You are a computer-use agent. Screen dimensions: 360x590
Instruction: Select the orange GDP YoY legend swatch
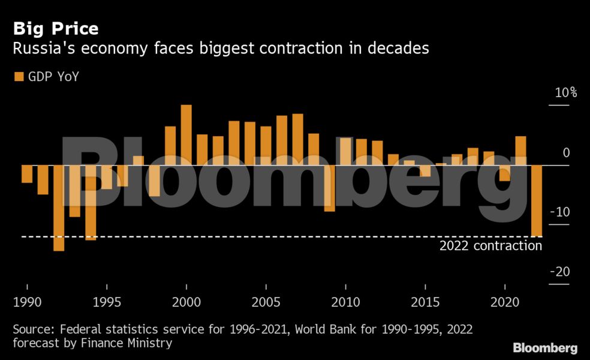click(18, 77)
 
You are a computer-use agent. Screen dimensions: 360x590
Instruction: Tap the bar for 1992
click(59, 208)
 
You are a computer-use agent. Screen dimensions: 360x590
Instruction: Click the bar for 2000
click(186, 135)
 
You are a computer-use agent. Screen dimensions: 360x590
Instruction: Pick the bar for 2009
click(329, 188)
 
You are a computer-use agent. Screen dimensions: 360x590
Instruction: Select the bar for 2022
click(537, 200)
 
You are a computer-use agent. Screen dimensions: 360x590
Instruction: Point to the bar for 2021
click(520, 151)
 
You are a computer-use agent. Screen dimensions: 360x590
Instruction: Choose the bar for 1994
click(91, 202)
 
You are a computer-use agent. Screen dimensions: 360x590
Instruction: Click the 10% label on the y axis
click(565, 93)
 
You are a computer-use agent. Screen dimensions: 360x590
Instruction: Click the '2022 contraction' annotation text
click(490, 246)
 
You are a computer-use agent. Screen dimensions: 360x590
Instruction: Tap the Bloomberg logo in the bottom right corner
click(545, 348)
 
